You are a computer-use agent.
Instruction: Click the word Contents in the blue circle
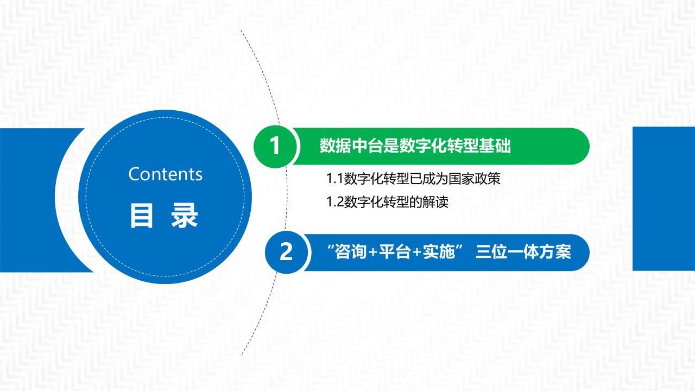pos(166,174)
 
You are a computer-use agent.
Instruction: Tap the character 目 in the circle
pos(142,216)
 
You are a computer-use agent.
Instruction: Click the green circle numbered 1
pos(275,147)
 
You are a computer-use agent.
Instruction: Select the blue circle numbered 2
pos(286,253)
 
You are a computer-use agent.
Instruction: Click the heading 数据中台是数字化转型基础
pos(415,146)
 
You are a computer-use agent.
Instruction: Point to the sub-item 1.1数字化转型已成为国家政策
pos(413,179)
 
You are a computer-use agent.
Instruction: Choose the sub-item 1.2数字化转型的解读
pos(387,203)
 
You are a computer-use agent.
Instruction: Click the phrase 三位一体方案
pos(523,251)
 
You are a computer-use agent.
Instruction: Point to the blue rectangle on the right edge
pos(664,199)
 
